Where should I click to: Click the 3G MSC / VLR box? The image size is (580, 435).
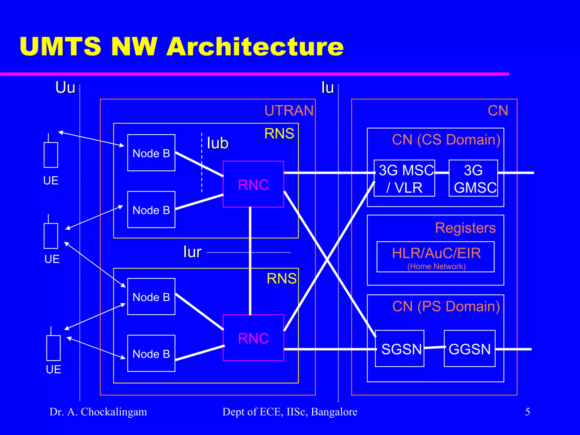pyautogui.click(x=404, y=178)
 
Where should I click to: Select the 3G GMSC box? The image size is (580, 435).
pyautogui.click(x=473, y=178)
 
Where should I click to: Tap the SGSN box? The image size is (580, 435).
pyautogui.click(x=399, y=348)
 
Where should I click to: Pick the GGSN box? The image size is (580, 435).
pyautogui.click(x=469, y=348)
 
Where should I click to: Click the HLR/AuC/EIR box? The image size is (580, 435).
pyautogui.click(x=436, y=257)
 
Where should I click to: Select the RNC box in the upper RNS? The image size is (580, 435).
pyautogui.click(x=253, y=184)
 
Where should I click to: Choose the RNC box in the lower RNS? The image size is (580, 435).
pyautogui.click(x=253, y=338)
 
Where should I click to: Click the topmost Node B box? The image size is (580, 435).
pyautogui.click(x=151, y=153)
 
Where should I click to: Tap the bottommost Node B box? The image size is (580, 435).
pyautogui.click(x=151, y=353)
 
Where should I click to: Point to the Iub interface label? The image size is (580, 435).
pyautogui.click(x=217, y=143)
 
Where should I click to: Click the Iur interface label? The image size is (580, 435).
pyautogui.click(x=192, y=252)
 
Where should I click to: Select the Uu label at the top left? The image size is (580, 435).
pyautogui.click(x=65, y=88)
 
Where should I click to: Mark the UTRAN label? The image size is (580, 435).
pyautogui.click(x=289, y=110)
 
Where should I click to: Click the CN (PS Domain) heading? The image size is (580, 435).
pyautogui.click(x=446, y=306)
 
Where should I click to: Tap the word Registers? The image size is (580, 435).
pyautogui.click(x=465, y=228)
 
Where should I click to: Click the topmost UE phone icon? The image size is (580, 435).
pyautogui.click(x=51, y=154)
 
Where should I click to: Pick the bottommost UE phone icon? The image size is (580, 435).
pyautogui.click(x=53, y=347)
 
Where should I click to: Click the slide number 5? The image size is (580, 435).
pyautogui.click(x=527, y=411)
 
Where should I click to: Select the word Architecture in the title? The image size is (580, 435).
pyautogui.click(x=255, y=46)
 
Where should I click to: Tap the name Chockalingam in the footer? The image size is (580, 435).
pyautogui.click(x=114, y=412)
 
